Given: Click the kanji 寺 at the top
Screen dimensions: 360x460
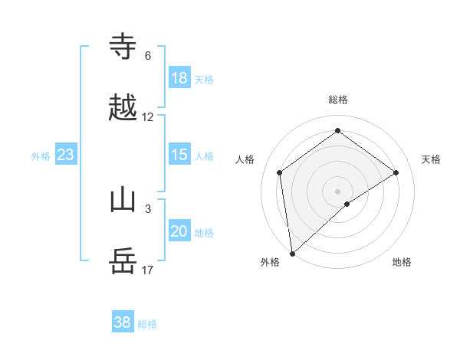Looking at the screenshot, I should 123,47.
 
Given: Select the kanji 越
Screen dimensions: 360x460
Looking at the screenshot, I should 123,109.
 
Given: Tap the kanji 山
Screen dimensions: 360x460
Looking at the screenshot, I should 123,200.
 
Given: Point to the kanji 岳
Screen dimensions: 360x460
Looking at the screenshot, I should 123,262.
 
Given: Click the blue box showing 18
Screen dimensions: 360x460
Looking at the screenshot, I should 179,78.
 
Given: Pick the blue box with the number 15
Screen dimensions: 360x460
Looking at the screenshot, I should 179,155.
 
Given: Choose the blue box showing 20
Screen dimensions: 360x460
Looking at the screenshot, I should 179,231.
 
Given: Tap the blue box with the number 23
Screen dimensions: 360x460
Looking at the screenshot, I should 65,155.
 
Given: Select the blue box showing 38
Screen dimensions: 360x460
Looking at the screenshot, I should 122,322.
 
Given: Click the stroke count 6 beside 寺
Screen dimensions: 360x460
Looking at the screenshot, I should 148,56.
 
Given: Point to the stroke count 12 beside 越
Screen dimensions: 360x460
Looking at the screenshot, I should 148,117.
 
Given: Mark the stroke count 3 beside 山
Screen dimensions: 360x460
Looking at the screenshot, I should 148,208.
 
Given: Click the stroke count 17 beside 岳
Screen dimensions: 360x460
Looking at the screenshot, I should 148,270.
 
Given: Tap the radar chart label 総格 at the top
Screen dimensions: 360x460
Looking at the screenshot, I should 338,100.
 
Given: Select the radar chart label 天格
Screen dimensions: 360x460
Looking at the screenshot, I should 431,159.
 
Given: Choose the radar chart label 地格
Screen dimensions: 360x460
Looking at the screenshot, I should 402,262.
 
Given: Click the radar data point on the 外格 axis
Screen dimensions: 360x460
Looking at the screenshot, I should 292,253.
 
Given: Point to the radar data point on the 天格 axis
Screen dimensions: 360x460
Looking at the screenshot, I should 396,172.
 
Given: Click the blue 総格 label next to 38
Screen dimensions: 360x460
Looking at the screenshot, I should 147,324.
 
